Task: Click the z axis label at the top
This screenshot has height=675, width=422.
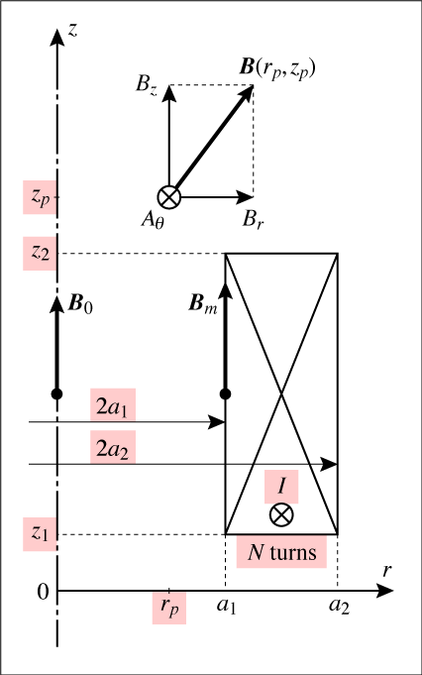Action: (73, 30)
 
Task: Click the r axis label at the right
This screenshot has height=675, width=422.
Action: (387, 570)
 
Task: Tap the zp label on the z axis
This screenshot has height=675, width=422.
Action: (40, 197)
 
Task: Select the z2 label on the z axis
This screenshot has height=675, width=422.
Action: (40, 253)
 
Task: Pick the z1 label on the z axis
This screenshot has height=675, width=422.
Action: (40, 534)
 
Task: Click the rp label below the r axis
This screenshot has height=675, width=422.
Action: (169, 607)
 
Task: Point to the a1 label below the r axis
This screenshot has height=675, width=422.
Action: (226, 606)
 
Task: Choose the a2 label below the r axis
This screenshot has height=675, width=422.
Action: (339, 606)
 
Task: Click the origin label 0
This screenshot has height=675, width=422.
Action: (43, 593)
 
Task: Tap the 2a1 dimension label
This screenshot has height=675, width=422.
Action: (112, 405)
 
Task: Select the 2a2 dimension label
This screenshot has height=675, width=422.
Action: (112, 448)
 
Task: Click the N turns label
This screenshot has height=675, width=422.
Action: (281, 552)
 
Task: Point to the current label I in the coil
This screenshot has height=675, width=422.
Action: (281, 486)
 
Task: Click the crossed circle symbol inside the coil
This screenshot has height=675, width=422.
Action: (281, 514)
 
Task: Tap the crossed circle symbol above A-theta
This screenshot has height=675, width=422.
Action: (169, 197)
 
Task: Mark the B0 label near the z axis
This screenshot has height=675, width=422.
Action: (80, 304)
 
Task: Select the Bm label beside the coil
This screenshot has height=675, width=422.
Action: (203, 304)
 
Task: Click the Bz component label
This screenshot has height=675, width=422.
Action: (147, 84)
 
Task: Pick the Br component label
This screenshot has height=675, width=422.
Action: (253, 219)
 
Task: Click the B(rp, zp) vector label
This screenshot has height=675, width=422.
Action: (277, 68)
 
